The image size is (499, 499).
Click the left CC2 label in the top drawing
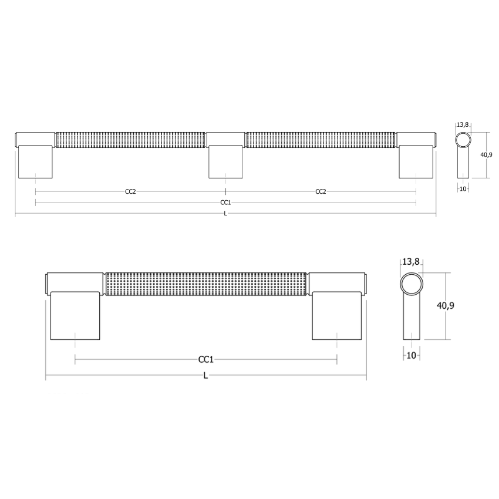click(130, 192)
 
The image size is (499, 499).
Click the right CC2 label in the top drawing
click(321, 192)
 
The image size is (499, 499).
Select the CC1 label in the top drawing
click(225, 203)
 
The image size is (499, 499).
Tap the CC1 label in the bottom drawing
click(205, 359)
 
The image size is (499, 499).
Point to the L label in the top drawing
click(225, 214)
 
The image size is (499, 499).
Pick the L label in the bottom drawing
click(205, 376)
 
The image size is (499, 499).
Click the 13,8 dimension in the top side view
click(463, 124)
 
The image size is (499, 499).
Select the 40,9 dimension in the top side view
click(485, 154)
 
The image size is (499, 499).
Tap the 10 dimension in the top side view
click(463, 189)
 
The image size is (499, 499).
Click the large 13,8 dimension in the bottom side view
click(410, 262)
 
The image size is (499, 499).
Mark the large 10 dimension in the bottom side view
click(411, 355)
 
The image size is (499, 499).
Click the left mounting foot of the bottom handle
click(76, 315)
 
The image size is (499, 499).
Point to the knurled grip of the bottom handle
click(206, 283)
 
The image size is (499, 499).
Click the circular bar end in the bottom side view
click(411, 284)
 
